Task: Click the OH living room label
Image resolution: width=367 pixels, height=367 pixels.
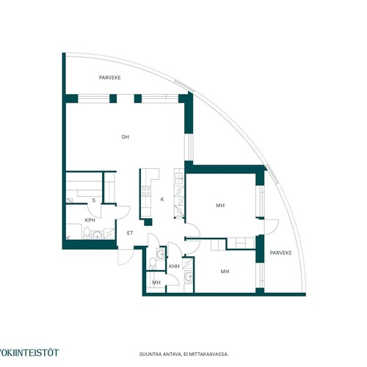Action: point(126,137)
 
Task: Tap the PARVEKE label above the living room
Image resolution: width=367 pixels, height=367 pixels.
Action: point(110,78)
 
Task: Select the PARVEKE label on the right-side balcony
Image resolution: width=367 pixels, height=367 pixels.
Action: point(280,252)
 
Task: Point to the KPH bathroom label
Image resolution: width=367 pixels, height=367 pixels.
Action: point(90,220)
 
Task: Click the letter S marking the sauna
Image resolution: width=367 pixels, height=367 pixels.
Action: point(94,200)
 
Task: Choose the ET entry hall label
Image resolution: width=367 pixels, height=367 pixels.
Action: point(130,233)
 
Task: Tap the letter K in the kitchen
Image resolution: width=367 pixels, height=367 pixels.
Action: point(162,200)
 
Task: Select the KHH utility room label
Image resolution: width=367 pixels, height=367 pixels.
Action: point(174,266)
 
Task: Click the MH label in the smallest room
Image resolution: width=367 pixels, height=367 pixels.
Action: point(156,283)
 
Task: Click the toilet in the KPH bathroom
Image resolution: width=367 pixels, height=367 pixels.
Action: point(87,233)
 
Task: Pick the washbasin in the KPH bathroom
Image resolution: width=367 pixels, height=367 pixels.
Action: point(98,235)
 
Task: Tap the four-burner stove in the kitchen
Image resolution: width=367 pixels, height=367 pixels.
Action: point(146,191)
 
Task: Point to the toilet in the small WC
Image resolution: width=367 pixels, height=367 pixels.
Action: point(153,264)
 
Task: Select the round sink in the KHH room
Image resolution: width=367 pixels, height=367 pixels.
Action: point(189,277)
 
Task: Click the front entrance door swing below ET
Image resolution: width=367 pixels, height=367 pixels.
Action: point(126,257)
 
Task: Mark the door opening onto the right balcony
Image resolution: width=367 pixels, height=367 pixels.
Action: point(272,227)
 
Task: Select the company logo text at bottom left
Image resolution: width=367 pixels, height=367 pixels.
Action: point(29,352)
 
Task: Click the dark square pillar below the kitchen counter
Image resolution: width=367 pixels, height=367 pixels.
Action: point(148,222)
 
